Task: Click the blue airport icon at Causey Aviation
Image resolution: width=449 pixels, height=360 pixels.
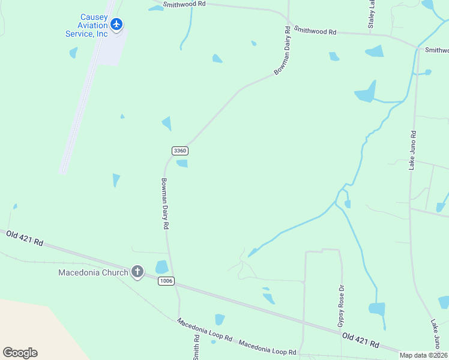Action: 116,25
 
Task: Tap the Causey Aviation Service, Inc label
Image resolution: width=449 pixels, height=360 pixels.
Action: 86,25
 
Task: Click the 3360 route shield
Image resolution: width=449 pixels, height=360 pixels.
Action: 179,151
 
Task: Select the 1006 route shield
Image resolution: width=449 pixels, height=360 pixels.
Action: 166,281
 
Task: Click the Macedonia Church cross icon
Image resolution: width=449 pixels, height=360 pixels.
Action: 137,272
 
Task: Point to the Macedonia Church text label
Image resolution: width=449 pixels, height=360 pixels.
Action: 93,272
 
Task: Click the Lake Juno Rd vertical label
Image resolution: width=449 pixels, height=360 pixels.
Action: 412,150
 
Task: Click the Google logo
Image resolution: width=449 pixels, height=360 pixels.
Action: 20,353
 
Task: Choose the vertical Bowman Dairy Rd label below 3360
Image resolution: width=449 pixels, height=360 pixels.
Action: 165,204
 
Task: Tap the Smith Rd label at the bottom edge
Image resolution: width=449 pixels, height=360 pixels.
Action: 196,347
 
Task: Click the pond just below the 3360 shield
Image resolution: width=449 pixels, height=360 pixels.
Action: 182,164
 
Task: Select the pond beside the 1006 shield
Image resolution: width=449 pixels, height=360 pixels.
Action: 162,267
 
